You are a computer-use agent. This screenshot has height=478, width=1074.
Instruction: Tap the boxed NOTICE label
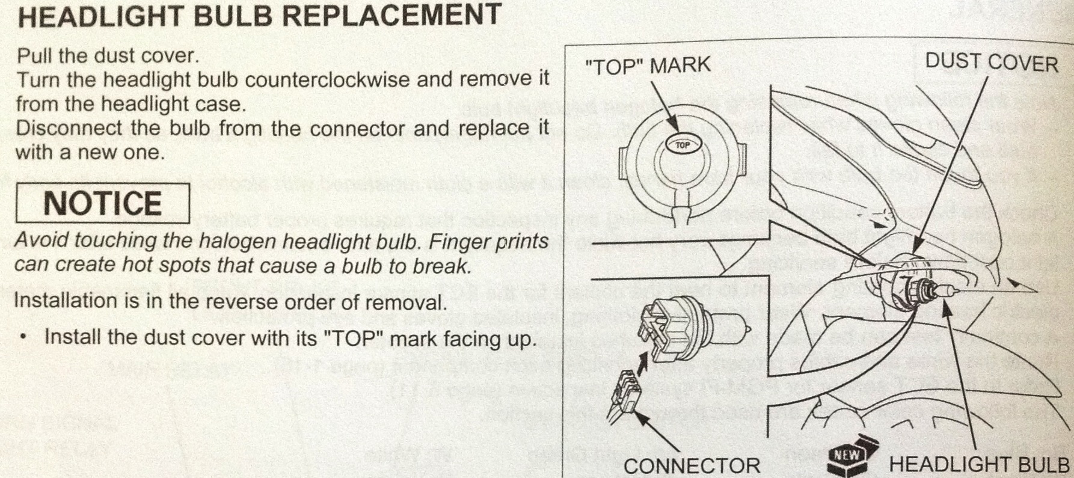coord(102,203)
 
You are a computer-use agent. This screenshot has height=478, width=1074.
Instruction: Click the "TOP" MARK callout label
coord(648,65)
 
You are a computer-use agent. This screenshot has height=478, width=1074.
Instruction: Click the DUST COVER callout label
coord(992,63)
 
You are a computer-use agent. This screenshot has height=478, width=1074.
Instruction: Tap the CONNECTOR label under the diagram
coord(692,465)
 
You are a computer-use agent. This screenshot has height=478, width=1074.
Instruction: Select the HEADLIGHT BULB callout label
coord(979,465)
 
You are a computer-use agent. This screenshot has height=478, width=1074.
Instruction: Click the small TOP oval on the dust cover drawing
coord(682,145)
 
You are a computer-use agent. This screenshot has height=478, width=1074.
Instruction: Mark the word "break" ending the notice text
coord(440,265)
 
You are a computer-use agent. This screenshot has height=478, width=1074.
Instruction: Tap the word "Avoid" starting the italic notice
coord(38,240)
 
